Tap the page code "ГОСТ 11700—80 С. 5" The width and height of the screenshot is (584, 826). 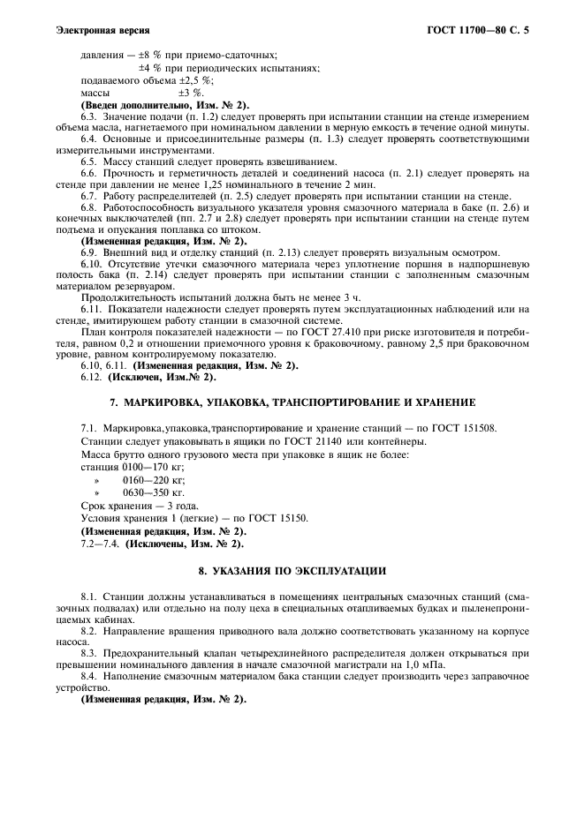(x=482, y=30)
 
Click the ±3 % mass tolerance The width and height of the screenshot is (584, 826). (x=191, y=92)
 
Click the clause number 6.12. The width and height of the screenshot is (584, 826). (x=92, y=378)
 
